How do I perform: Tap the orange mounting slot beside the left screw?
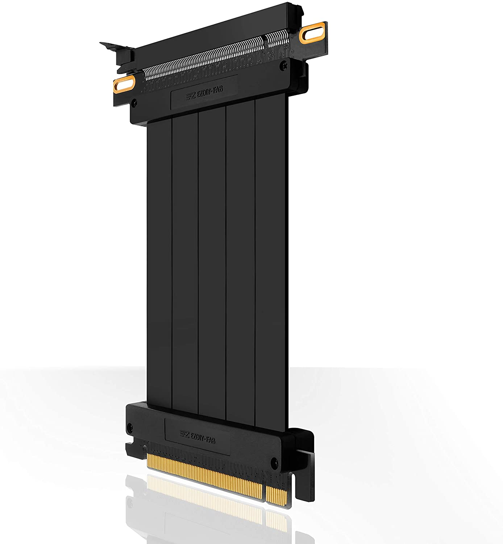pyautogui.click(x=124, y=83)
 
